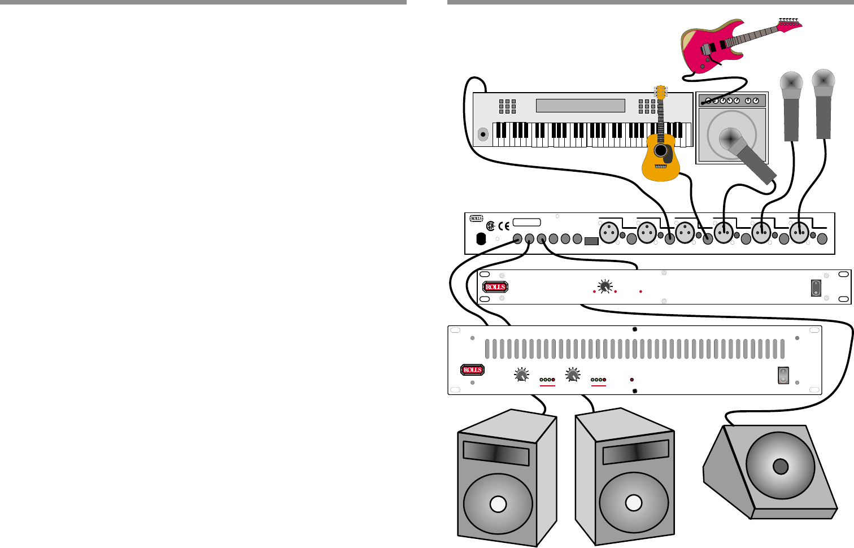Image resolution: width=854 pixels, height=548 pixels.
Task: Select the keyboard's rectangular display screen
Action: [x=580, y=106]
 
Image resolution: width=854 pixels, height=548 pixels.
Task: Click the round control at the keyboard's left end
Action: [x=483, y=134]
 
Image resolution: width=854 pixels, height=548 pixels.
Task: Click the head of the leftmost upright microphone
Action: [x=791, y=85]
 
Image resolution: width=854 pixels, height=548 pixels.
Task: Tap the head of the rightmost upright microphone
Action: [x=823, y=82]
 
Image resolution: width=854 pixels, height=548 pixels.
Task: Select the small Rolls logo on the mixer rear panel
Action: [x=477, y=219]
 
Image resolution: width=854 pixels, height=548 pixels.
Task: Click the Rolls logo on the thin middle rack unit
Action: [x=495, y=287]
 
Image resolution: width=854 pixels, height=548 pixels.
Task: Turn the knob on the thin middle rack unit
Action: [x=605, y=287]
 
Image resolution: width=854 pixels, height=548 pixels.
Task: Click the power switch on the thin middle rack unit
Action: [x=816, y=288]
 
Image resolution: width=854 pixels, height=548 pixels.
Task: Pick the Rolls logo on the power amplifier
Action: [x=472, y=370]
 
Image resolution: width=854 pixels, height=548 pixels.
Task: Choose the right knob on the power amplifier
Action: [x=573, y=375]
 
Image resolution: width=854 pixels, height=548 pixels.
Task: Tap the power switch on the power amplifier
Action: [x=783, y=375]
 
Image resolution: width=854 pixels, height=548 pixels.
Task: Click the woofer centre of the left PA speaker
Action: [x=498, y=504]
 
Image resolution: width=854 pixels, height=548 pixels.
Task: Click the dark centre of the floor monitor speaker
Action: [x=780, y=467]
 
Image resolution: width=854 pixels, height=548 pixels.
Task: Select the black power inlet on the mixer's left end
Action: [x=481, y=239]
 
